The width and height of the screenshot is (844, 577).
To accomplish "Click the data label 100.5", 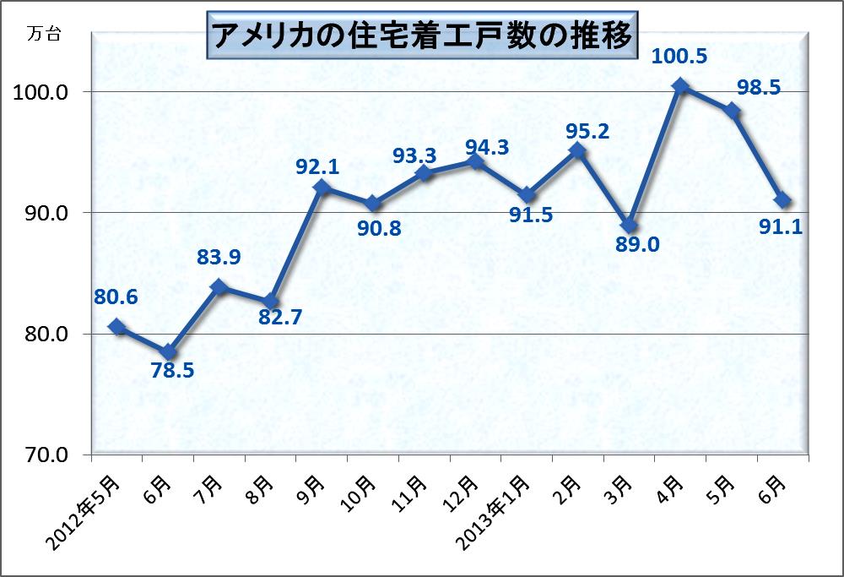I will pyautogui.click(x=679, y=57).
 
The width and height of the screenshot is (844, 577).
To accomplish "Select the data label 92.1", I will pyautogui.click(x=317, y=166).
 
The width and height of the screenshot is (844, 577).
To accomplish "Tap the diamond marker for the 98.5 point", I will pyautogui.click(x=732, y=112).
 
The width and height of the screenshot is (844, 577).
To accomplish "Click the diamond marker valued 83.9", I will pyautogui.click(x=219, y=287).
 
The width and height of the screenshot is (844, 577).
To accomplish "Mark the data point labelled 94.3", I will pyautogui.click(x=476, y=161).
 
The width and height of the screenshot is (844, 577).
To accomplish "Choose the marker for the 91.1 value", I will pyautogui.click(x=783, y=200).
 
